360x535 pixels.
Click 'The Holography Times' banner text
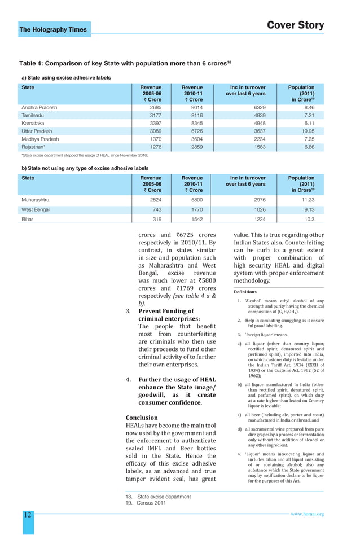(53, 29)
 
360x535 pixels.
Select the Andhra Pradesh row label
(39, 107)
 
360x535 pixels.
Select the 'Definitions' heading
(245, 292)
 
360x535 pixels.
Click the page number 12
(27, 514)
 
